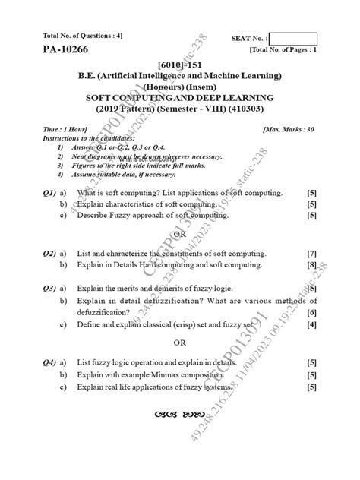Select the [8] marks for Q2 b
click(x=311, y=265)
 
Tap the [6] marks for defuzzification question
click(x=311, y=313)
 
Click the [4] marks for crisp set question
click(x=311, y=325)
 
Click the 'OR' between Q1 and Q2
click(x=180, y=234)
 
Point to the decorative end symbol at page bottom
click(x=180, y=415)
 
